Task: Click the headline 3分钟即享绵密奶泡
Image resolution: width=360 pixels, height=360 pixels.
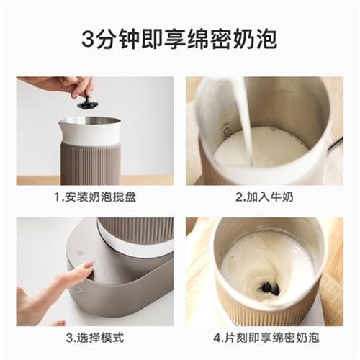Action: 180,37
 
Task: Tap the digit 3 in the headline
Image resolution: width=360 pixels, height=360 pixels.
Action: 90,37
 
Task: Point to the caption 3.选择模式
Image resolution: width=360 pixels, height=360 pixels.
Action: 94,337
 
